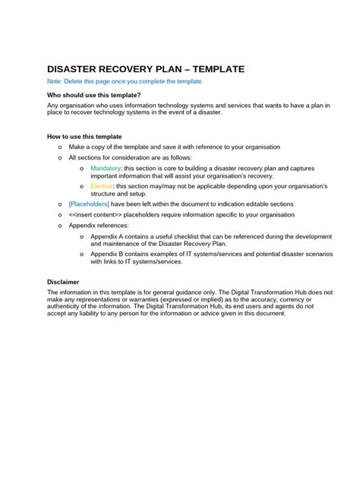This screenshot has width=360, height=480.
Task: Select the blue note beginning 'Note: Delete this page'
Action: tap(125, 81)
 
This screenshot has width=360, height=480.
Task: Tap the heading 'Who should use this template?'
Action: tap(94, 95)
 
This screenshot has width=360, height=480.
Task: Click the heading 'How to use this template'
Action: tap(85, 137)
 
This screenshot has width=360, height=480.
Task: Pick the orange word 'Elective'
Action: tap(102, 186)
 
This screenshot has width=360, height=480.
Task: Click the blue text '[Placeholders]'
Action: tap(89, 204)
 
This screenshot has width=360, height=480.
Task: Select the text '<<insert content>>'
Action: tap(95, 215)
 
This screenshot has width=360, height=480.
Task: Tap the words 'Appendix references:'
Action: tap(99, 226)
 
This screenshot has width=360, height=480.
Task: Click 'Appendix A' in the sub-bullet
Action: tap(109, 236)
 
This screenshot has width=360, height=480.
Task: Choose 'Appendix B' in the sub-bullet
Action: tap(109, 254)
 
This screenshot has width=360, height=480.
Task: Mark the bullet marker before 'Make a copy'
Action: tap(60, 147)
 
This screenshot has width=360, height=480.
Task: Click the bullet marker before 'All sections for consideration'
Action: tap(60, 158)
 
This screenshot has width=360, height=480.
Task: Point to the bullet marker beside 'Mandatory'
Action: tap(82, 168)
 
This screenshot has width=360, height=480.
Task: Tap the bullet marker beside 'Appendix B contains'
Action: tap(82, 254)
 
